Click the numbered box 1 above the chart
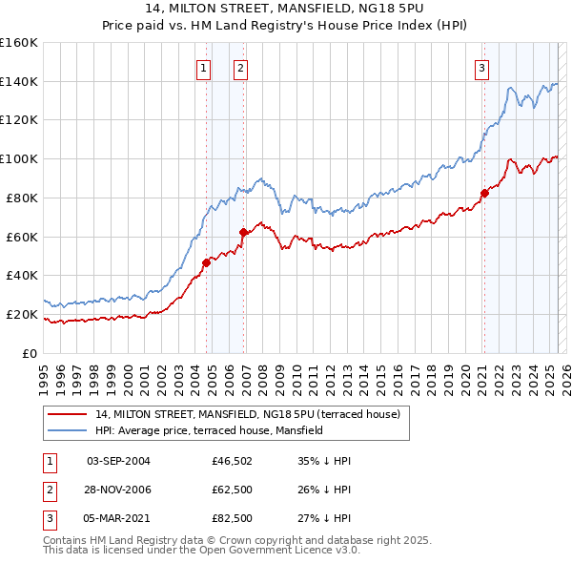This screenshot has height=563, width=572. pos(204,68)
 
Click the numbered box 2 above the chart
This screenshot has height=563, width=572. pos(240,68)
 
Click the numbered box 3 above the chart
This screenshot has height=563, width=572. pos(482,68)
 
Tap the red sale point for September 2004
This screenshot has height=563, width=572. pos(206,261)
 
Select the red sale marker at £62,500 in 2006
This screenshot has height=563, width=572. pos(243,231)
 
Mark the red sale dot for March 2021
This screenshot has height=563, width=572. pos(484,193)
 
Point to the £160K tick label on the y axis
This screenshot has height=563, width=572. pos(19,43)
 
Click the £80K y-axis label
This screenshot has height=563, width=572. pos(22,198)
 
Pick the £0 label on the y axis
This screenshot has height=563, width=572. pos(30,353)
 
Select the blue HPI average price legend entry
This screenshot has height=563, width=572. pos(209,430)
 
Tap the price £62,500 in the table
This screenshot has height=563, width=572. pos(233,490)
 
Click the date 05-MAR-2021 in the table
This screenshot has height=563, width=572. pos(118,520)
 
